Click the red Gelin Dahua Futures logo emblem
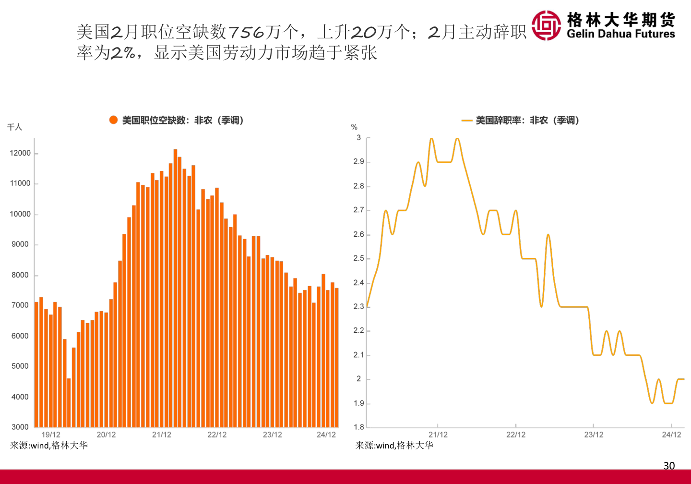tap(546, 25)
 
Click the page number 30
tap(669, 465)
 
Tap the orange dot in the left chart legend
tap(113, 120)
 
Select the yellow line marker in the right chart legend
tap(466, 121)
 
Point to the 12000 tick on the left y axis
tap(20, 153)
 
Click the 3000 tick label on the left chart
tap(20, 427)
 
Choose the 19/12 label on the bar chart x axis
tap(51, 435)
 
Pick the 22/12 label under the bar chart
tap(217, 435)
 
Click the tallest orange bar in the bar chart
tap(175, 288)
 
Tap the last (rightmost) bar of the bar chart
tap(336, 357)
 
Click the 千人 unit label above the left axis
tap(14, 127)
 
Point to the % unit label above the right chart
tap(354, 127)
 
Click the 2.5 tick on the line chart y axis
tap(358, 258)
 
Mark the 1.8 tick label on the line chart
tap(358, 427)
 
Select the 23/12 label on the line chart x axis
tap(594, 435)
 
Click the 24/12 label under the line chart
tap(671, 435)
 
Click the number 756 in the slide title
tap(246, 32)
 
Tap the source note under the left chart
tap(49, 446)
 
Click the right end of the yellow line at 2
tap(683, 379)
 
